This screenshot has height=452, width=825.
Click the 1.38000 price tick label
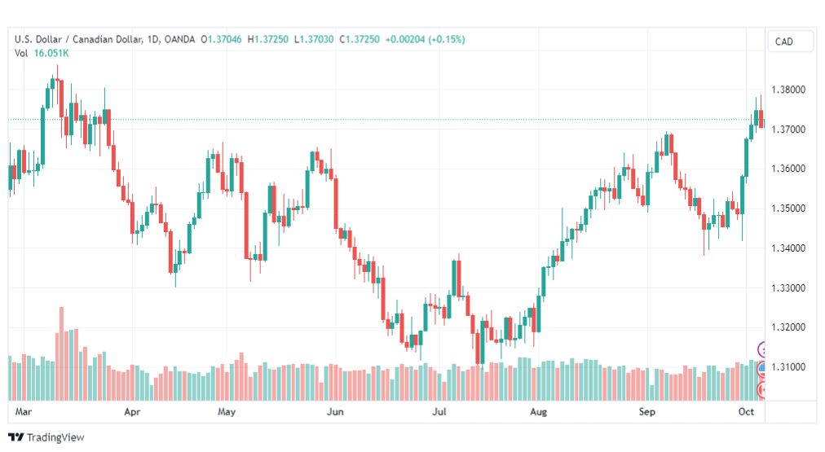(788, 90)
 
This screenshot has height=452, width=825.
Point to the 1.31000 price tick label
(788, 366)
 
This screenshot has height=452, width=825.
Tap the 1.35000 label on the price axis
(788, 208)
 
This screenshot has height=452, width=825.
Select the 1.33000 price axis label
(788, 288)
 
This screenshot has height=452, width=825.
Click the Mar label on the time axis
(23, 411)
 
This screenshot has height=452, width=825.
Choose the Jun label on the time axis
(335, 411)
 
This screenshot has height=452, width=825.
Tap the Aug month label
(538, 412)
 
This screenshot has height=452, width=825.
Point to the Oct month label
(746, 411)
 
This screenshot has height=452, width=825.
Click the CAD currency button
(784, 42)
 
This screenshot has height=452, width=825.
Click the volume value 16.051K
(51, 53)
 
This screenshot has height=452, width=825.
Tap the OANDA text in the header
(179, 39)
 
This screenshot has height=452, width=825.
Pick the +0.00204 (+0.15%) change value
(425, 39)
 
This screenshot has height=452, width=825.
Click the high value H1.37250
(268, 39)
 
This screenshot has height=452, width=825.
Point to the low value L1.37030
(314, 39)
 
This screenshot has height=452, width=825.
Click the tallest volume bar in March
(62, 353)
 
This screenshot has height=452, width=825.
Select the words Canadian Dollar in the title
(107, 39)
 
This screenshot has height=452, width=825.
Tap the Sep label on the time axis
(647, 412)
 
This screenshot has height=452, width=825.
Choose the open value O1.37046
(221, 39)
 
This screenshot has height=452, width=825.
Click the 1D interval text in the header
(152, 39)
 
